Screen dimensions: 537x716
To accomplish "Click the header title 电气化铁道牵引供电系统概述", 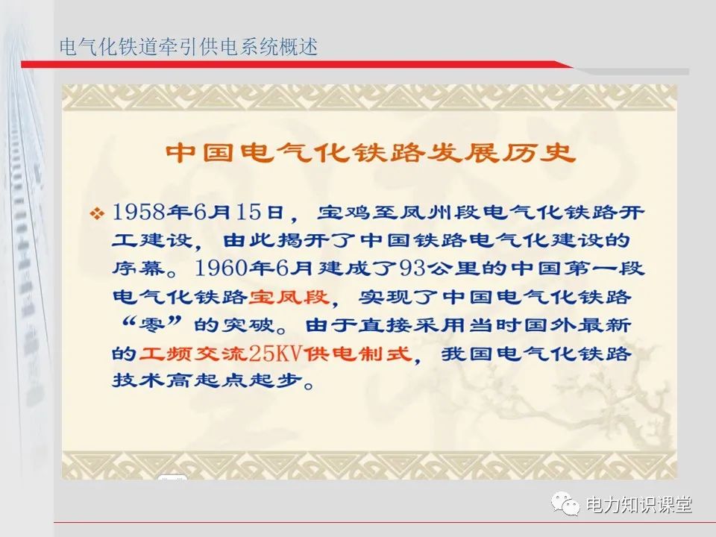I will pos(189,47).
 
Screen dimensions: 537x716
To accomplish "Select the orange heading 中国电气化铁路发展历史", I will pos(371,151).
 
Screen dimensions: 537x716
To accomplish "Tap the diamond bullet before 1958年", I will pos(97,214).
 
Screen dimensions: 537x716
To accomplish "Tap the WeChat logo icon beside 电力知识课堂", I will pos(566,505).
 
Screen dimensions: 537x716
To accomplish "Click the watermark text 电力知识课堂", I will pos(639,505).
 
